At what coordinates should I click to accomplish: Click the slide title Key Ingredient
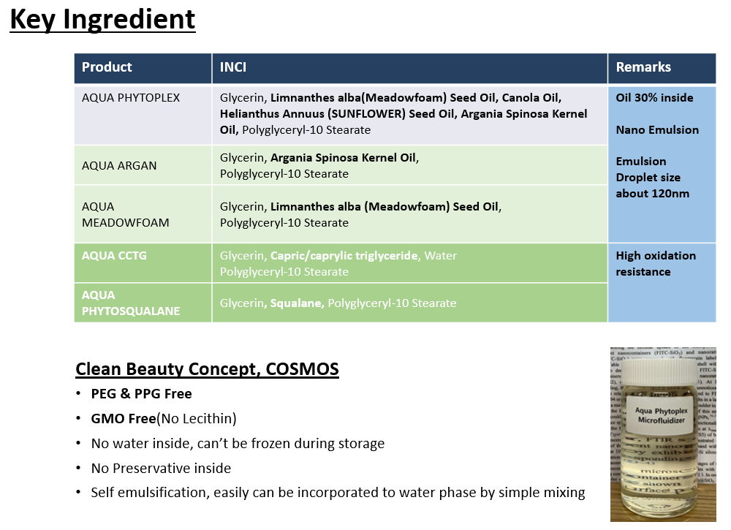tap(102, 20)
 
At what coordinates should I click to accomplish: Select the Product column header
tap(107, 67)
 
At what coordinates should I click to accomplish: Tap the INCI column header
tap(233, 67)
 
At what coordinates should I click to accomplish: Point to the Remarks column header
tap(643, 67)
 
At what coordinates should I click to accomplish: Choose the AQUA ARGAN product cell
tap(119, 166)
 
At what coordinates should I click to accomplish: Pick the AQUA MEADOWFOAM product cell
tap(125, 214)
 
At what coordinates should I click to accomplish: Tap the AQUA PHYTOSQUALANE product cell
tap(130, 303)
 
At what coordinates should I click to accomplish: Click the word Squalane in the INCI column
tap(297, 303)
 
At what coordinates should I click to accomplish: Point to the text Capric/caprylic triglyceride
tap(344, 256)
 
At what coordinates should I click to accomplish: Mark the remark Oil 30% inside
tap(654, 98)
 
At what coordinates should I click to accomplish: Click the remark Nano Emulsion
tap(657, 130)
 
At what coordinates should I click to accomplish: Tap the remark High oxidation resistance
tap(656, 263)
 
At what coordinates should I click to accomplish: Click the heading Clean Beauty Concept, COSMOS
tap(207, 369)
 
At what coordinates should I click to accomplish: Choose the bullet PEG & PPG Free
tap(141, 394)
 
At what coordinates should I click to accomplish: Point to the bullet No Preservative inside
tap(161, 469)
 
